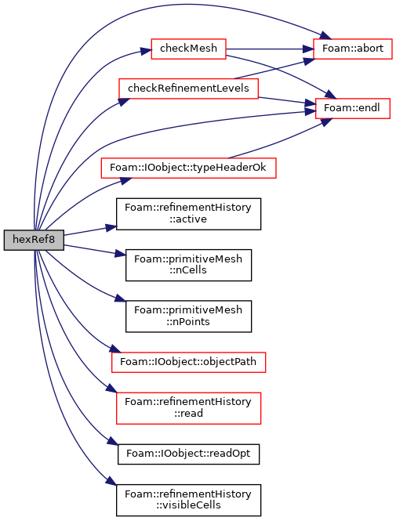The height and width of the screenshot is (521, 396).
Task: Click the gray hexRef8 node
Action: (34, 240)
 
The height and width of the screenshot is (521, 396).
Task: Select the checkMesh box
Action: (188, 49)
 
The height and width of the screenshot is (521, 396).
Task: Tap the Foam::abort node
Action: (353, 49)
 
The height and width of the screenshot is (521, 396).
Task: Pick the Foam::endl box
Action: (352, 108)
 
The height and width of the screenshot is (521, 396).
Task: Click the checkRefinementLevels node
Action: (188, 89)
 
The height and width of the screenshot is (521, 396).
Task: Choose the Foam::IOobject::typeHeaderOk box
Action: (188, 168)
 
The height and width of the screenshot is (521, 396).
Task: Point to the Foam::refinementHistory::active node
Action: (188, 214)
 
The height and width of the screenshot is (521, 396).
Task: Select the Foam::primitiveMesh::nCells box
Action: (188, 265)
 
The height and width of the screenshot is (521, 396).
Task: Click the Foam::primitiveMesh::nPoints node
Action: (188, 317)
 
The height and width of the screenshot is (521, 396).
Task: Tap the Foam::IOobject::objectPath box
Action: (188, 362)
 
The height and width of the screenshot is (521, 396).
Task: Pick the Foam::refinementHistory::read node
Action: (188, 408)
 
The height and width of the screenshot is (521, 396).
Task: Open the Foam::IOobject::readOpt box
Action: (188, 454)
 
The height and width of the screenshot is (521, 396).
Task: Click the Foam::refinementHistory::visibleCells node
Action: (188, 500)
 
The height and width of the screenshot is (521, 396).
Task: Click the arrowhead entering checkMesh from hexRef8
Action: (146, 51)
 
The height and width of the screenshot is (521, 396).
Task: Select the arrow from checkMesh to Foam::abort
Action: (270, 49)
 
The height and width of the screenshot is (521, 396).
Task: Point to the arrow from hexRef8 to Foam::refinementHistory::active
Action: (89, 231)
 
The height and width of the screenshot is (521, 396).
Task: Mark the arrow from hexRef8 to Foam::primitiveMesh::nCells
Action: (95, 250)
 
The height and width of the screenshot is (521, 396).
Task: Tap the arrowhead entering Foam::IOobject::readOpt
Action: (112, 442)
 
